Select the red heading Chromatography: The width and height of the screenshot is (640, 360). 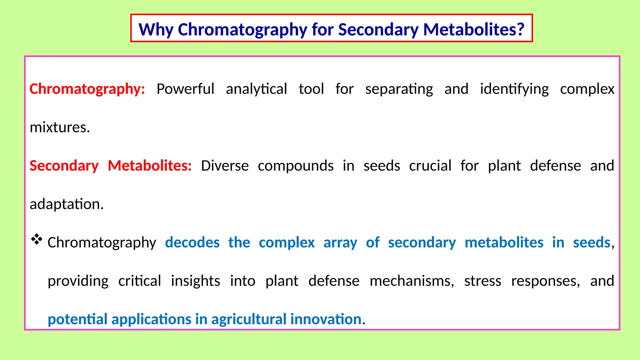(87, 89)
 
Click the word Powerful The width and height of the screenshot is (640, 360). (185, 89)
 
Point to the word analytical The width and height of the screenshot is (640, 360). (256, 89)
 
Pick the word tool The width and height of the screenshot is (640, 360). (311, 89)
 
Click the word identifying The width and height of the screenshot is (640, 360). (514, 89)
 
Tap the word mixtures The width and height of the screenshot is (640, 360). (60, 127)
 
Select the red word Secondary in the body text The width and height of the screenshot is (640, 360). (64, 166)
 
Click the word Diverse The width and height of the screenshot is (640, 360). (225, 166)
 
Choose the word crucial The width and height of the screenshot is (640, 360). (430, 166)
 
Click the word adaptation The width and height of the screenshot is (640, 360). (66, 204)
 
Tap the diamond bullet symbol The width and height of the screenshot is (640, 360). (37, 239)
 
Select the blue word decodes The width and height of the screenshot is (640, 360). (192, 242)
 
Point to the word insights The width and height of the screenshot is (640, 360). (195, 281)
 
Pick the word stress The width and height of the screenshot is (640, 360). (482, 281)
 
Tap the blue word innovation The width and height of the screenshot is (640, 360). (326, 319)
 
